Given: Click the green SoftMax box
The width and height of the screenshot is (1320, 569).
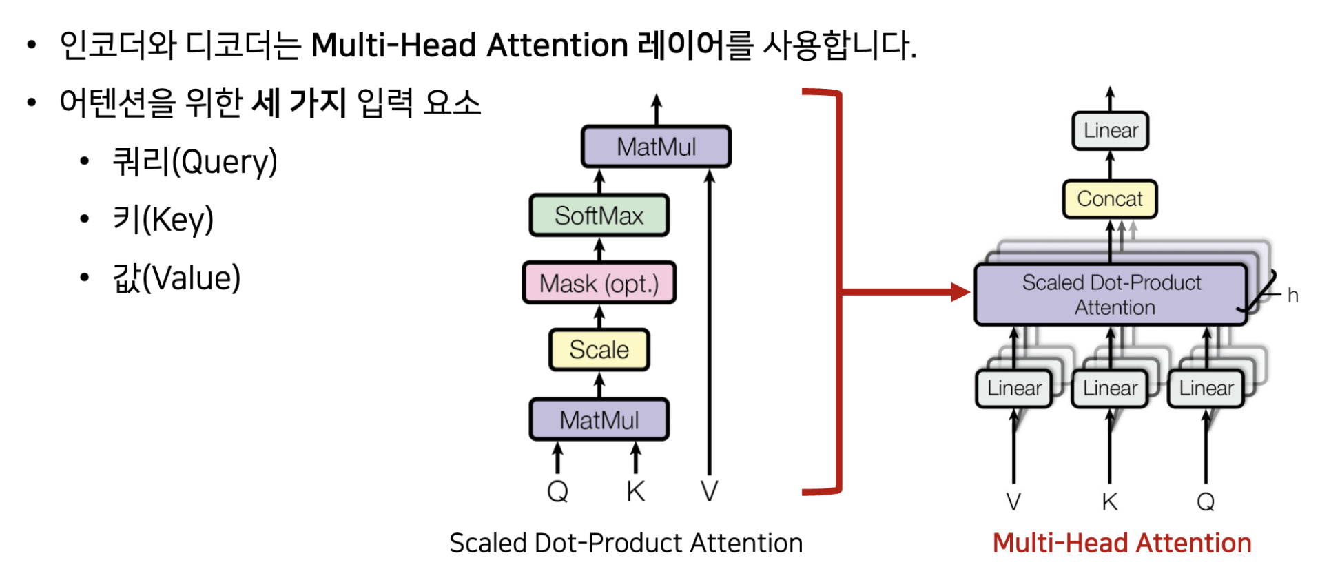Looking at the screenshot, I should pyautogui.click(x=599, y=216).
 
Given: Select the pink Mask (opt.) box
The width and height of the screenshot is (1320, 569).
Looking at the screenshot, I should pyautogui.click(x=599, y=283).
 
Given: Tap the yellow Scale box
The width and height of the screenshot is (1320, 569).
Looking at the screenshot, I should pyautogui.click(x=599, y=350).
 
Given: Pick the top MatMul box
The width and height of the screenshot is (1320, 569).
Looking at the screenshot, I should pyautogui.click(x=656, y=147).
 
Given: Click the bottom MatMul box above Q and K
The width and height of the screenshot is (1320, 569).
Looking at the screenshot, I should pyautogui.click(x=599, y=420).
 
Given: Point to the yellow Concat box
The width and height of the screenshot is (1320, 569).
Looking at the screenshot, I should pyautogui.click(x=1109, y=199).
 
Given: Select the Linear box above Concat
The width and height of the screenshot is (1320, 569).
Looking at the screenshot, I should pyautogui.click(x=1110, y=131).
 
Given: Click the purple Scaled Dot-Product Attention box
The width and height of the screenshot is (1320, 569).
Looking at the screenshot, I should pyautogui.click(x=1111, y=294).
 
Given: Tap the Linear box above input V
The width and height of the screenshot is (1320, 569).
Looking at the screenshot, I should pyautogui.click(x=1013, y=389).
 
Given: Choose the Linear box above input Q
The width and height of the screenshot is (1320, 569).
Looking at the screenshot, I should pyautogui.click(x=1206, y=389).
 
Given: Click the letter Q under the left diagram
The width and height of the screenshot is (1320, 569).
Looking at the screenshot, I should pyautogui.click(x=557, y=492).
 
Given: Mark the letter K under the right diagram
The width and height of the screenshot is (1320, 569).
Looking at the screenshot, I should pyautogui.click(x=1109, y=502).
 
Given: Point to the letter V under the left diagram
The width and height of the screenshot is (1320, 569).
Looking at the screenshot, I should pyautogui.click(x=709, y=492).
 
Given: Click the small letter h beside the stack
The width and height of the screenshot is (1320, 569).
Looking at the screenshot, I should pyautogui.click(x=1292, y=296).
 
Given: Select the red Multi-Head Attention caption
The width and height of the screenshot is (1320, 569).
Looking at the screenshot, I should pyautogui.click(x=1122, y=544).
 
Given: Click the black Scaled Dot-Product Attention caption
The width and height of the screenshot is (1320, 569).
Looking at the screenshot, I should pyautogui.click(x=626, y=544).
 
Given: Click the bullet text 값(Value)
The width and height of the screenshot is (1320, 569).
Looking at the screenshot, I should pyautogui.click(x=176, y=278).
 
